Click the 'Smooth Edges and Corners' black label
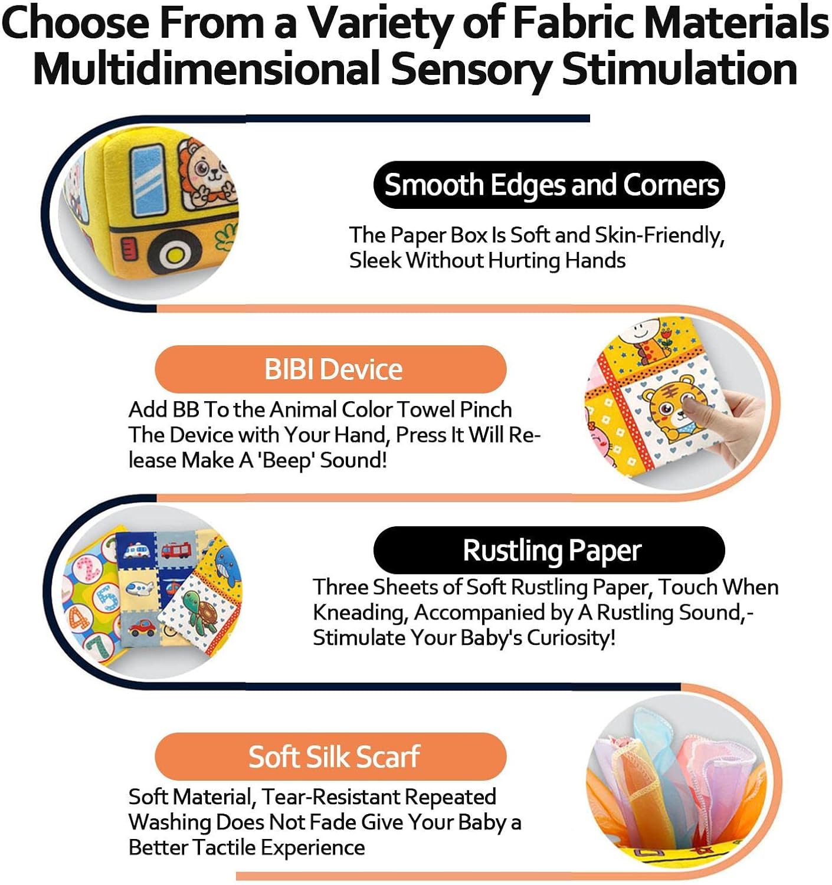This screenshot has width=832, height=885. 549,185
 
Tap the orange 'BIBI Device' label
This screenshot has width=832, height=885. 330,369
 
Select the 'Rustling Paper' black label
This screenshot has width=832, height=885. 549,550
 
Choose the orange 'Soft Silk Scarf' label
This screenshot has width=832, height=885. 330,756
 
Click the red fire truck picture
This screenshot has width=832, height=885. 176,550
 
